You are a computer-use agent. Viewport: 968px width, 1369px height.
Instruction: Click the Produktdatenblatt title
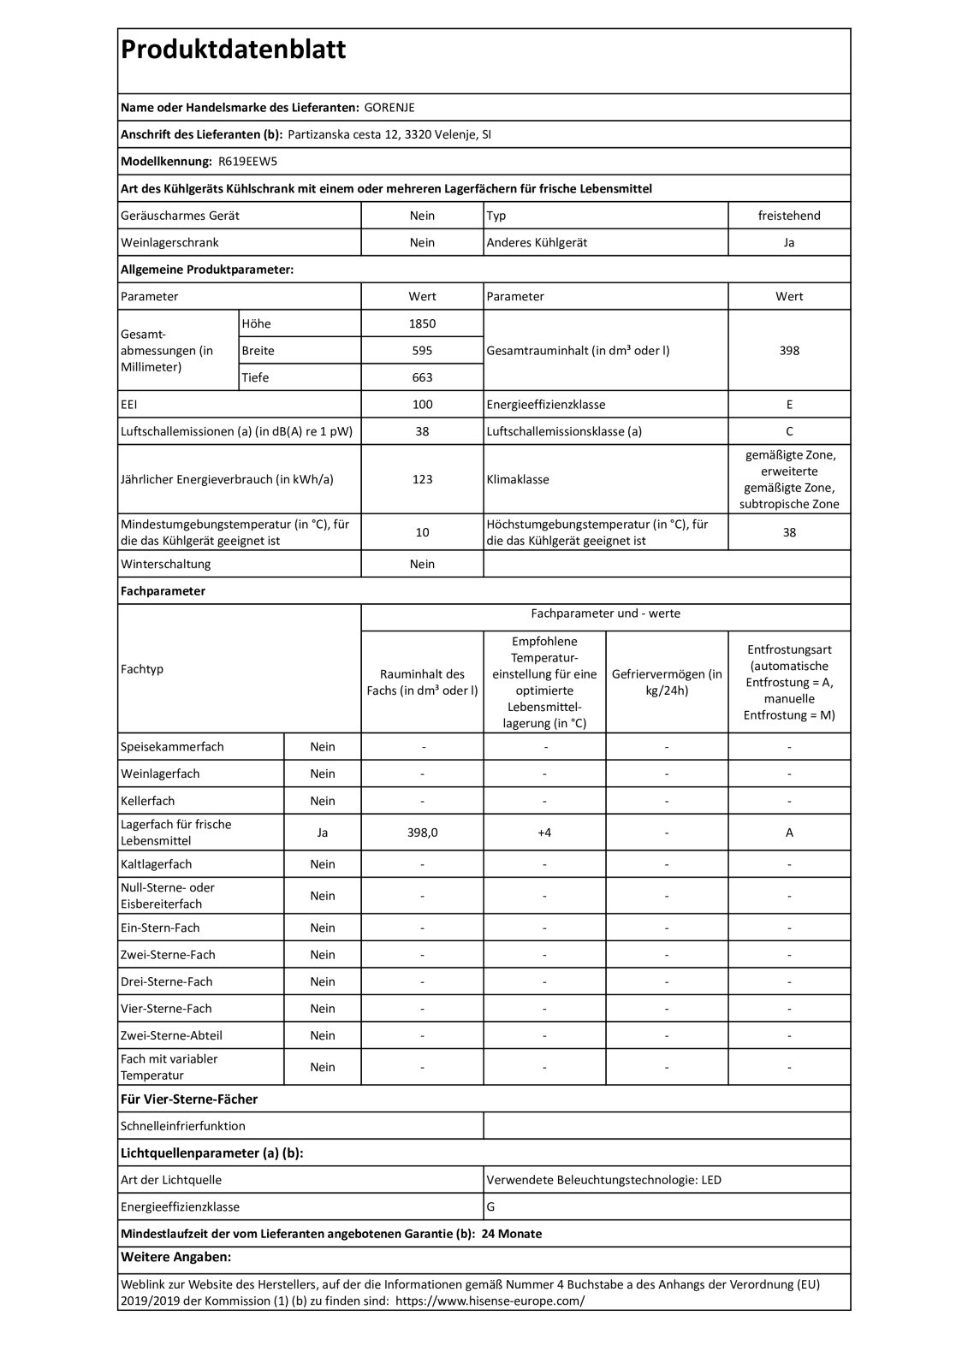click(234, 50)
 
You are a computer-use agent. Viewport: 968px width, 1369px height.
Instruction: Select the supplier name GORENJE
click(389, 108)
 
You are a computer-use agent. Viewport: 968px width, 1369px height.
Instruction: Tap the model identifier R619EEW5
click(248, 162)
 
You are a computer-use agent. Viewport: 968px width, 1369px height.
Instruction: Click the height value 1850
click(422, 323)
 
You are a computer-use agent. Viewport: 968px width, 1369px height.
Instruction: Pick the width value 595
click(422, 351)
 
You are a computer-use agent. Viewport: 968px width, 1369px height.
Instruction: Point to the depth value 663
click(422, 377)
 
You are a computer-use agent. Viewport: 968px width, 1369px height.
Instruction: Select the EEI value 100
click(422, 405)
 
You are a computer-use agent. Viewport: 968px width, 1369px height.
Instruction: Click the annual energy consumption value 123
click(422, 479)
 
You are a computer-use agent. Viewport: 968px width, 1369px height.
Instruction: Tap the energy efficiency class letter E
click(789, 405)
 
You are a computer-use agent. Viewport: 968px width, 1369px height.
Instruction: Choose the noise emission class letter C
click(789, 431)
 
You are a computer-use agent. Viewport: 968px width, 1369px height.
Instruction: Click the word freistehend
click(789, 216)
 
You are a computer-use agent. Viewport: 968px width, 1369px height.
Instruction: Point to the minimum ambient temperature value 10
click(422, 532)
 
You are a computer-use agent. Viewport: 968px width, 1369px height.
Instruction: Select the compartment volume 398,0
click(422, 833)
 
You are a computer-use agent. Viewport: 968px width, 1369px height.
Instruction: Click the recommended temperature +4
click(544, 833)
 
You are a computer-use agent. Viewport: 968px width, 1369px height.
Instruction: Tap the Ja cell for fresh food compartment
click(323, 833)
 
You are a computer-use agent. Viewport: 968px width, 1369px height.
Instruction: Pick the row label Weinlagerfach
click(160, 774)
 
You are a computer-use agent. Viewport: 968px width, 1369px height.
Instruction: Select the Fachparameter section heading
click(163, 591)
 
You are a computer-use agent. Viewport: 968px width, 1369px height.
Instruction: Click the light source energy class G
click(490, 1207)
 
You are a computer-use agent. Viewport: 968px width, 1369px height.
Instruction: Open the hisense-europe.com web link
click(490, 1301)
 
